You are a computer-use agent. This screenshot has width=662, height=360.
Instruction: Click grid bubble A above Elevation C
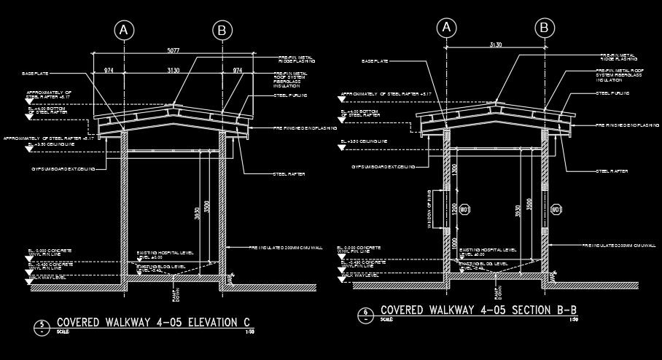click(x=125, y=30)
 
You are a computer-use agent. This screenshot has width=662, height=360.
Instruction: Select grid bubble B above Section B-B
click(x=544, y=28)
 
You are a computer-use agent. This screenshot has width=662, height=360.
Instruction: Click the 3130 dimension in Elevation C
click(x=174, y=70)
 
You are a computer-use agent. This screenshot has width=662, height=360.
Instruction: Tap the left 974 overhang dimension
click(x=109, y=70)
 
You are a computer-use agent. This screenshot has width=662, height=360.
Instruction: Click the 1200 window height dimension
click(x=454, y=211)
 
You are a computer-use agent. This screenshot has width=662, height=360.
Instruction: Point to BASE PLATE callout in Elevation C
click(x=36, y=74)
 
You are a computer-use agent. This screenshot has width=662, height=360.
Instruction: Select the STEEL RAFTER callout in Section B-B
click(x=612, y=171)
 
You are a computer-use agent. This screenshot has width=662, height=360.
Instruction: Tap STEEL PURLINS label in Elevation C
click(x=290, y=95)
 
